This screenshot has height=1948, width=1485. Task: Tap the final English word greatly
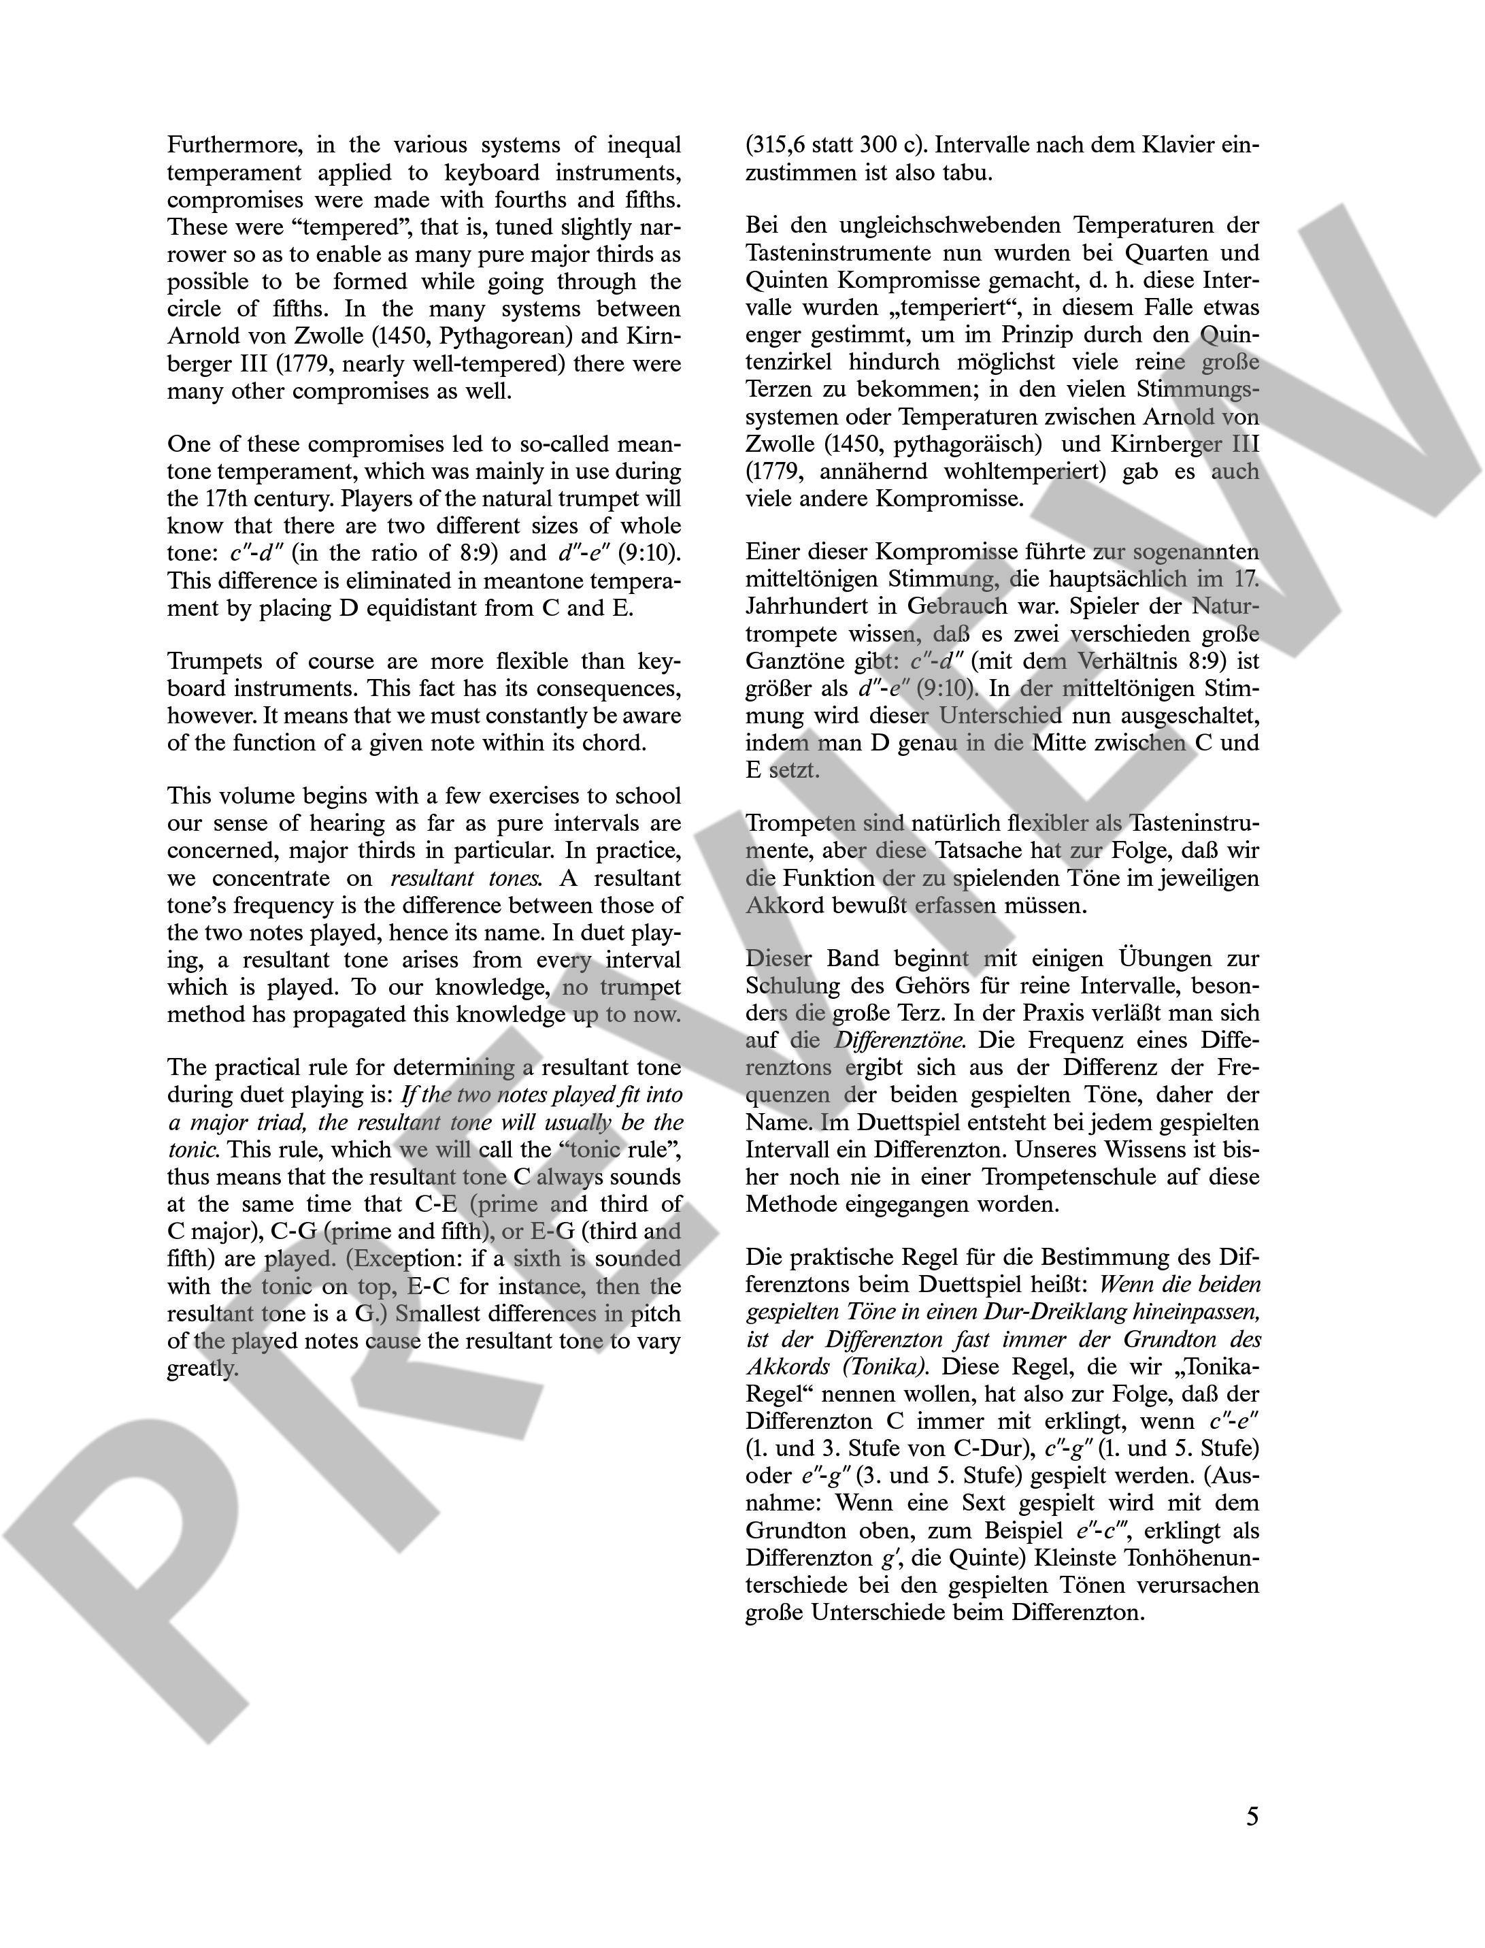(x=203, y=1368)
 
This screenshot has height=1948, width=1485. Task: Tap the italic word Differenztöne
(x=900, y=1040)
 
